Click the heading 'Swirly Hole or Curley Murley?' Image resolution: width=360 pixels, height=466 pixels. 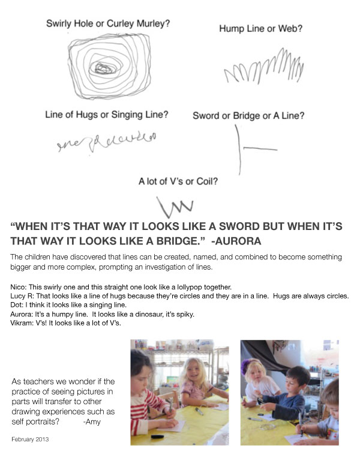click(108, 23)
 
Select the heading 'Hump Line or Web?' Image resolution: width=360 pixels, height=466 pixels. click(260, 29)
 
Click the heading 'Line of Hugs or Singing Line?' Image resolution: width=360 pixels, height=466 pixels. click(107, 115)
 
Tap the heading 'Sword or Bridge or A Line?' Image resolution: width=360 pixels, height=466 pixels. click(248, 116)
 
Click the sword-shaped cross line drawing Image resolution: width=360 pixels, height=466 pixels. click(239, 148)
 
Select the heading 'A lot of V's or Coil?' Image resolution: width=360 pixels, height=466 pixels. click(178, 181)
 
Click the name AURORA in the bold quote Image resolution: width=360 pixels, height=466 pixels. click(238, 241)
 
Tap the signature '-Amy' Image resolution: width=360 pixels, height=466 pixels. click(92, 422)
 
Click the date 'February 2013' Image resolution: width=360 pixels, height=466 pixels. click(30, 439)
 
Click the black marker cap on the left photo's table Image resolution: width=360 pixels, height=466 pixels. click(157, 437)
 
